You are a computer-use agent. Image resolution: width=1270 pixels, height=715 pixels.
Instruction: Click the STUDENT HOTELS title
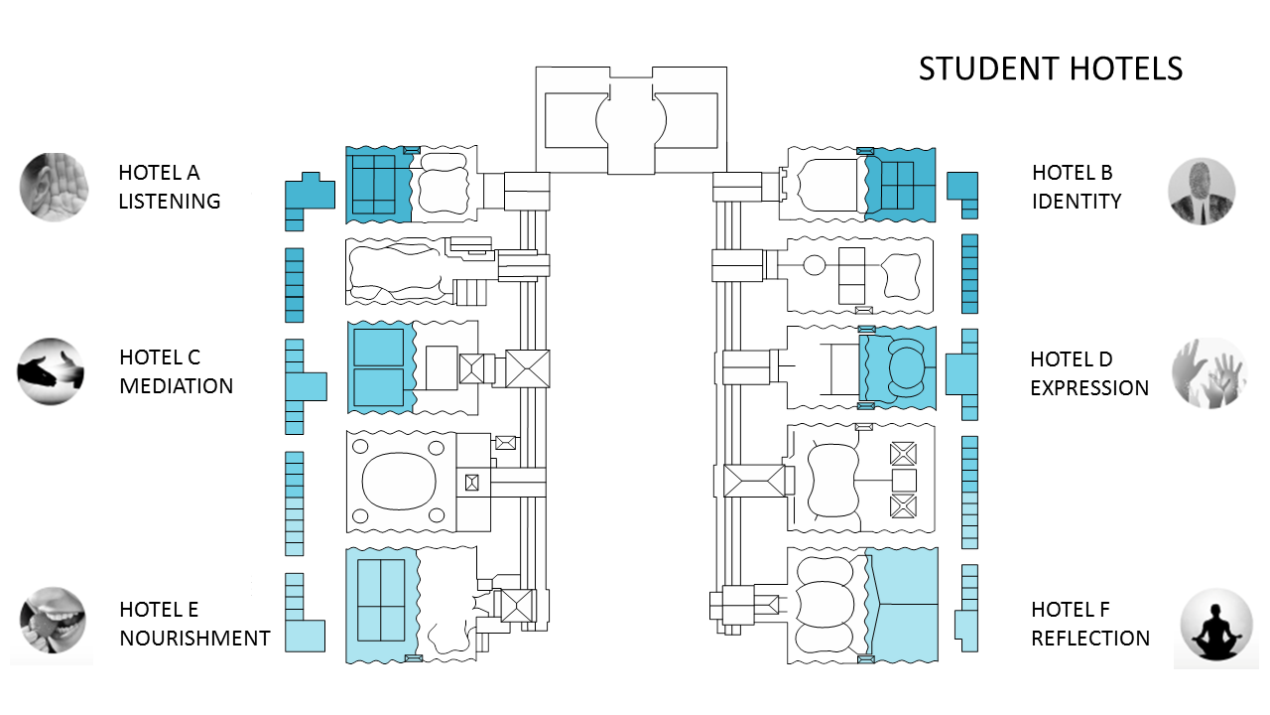point(1051,69)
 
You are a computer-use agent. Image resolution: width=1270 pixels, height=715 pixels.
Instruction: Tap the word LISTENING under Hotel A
point(170,201)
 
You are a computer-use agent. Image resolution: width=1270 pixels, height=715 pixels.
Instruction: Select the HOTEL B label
point(1073,173)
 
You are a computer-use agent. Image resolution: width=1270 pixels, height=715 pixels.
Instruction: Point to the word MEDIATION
point(177,386)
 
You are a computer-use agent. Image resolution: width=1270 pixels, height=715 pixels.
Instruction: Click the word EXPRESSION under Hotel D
point(1089,388)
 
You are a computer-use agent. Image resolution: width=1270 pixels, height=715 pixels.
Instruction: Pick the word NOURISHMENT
point(195,639)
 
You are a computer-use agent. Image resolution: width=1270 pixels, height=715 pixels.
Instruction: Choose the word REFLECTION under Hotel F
point(1090,639)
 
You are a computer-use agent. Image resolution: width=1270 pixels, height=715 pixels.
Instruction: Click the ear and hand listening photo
point(54,187)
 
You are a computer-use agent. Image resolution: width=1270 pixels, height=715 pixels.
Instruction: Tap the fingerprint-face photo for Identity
point(1202,192)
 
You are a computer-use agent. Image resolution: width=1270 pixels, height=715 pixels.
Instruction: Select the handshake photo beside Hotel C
point(51,371)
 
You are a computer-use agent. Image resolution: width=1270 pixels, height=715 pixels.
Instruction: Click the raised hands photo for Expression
point(1209,373)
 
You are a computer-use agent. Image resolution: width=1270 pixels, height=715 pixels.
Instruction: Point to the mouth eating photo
point(53,621)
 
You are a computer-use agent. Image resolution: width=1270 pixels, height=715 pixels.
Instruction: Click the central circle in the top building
point(631,120)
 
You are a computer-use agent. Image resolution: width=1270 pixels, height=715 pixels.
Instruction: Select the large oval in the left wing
point(399,482)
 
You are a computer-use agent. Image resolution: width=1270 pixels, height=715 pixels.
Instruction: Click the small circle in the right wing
point(815,265)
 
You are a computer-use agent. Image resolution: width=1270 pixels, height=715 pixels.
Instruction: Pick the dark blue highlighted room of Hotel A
point(379,185)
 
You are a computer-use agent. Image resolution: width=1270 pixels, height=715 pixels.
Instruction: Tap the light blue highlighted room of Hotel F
point(902,605)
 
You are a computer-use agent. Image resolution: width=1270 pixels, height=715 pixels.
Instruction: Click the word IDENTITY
point(1077,201)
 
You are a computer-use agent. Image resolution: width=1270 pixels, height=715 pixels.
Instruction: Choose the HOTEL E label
point(159,610)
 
